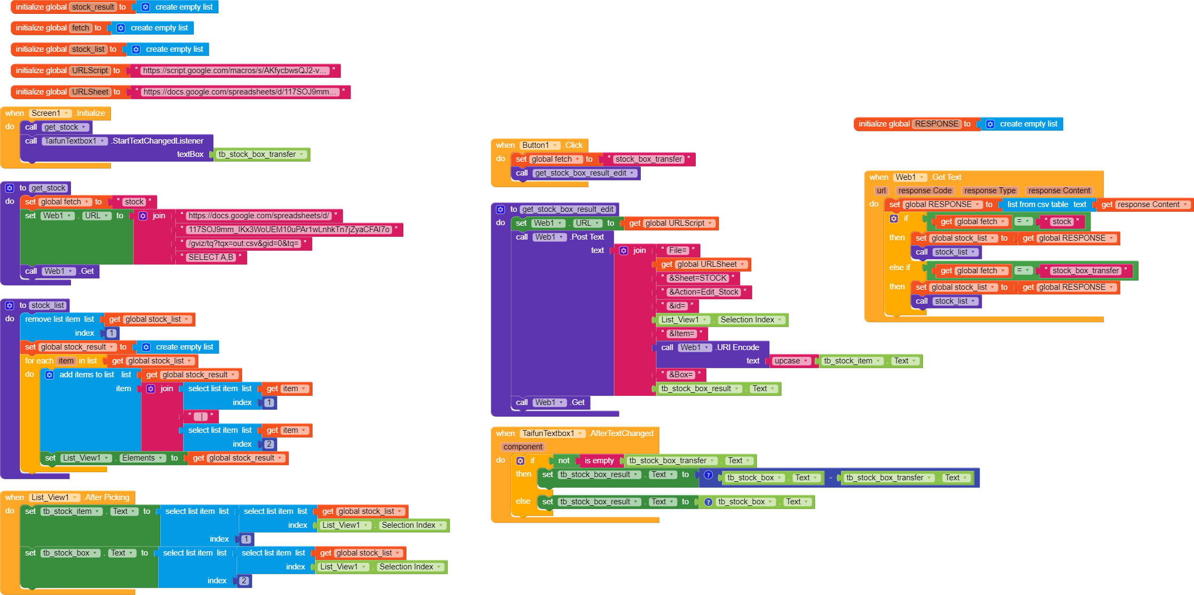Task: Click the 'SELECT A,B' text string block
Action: point(211,257)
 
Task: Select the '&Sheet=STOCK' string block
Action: point(698,278)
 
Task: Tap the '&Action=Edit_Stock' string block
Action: point(704,292)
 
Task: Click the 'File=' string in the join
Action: point(678,250)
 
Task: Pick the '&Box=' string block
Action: point(681,375)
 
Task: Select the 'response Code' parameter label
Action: point(925,191)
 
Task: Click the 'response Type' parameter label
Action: point(990,191)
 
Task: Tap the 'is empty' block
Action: point(599,461)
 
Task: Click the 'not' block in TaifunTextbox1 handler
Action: point(563,461)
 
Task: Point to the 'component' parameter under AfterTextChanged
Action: point(523,447)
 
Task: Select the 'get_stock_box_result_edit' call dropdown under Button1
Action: point(585,173)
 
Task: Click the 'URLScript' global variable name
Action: point(90,70)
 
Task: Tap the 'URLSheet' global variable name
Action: point(90,92)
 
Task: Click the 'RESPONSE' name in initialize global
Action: point(937,124)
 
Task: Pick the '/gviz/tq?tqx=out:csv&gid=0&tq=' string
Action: point(243,243)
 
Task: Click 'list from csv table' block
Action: point(1038,204)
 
